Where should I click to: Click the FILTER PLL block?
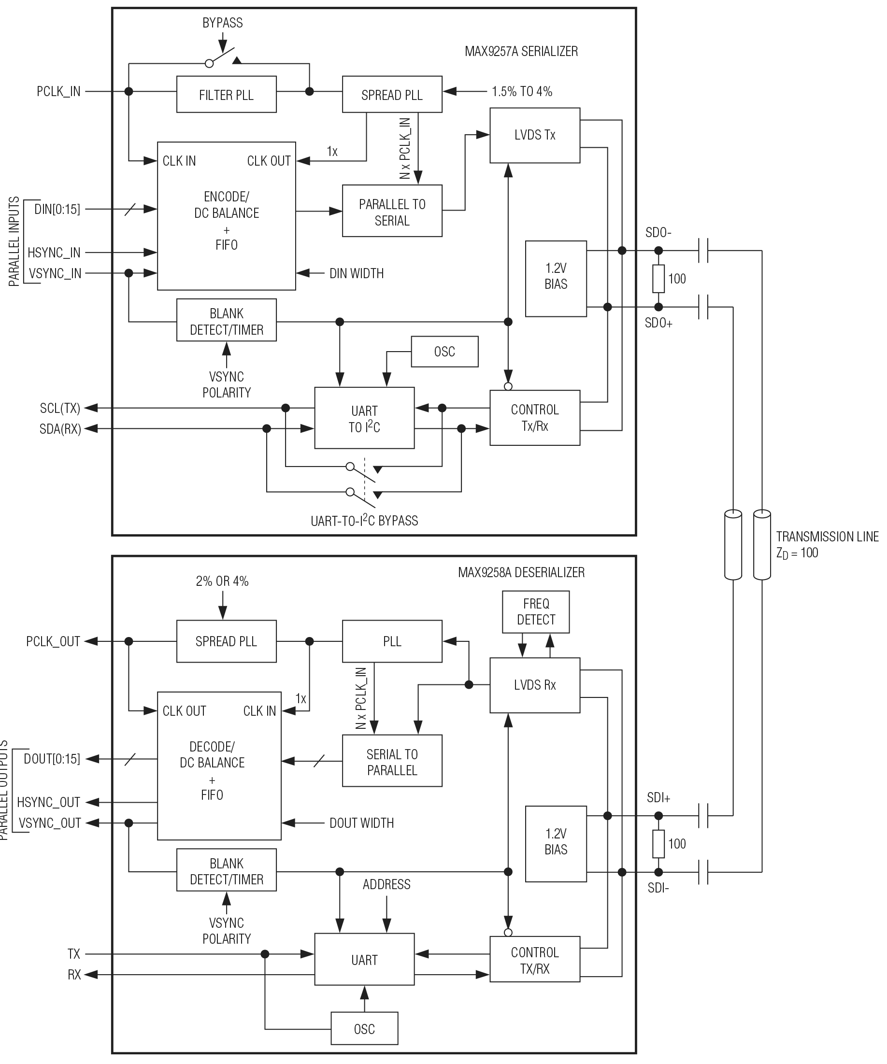click(226, 94)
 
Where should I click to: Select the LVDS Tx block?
click(534, 135)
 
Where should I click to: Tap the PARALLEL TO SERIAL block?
click(392, 211)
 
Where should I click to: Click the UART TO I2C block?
click(364, 418)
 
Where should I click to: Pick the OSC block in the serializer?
click(444, 352)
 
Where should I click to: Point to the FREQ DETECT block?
click(535, 611)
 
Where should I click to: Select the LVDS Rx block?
click(534, 685)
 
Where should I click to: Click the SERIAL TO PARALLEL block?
click(392, 761)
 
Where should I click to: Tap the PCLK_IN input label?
click(58, 92)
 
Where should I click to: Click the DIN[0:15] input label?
click(57, 209)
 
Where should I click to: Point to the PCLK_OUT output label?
click(53, 641)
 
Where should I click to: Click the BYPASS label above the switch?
click(222, 23)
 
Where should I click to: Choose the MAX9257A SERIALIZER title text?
click(521, 51)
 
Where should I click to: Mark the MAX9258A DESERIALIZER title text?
click(521, 572)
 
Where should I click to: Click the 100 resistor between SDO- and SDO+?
click(658, 279)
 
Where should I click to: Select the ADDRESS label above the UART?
click(386, 885)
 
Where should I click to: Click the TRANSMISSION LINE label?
click(827, 537)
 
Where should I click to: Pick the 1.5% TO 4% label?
click(522, 92)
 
